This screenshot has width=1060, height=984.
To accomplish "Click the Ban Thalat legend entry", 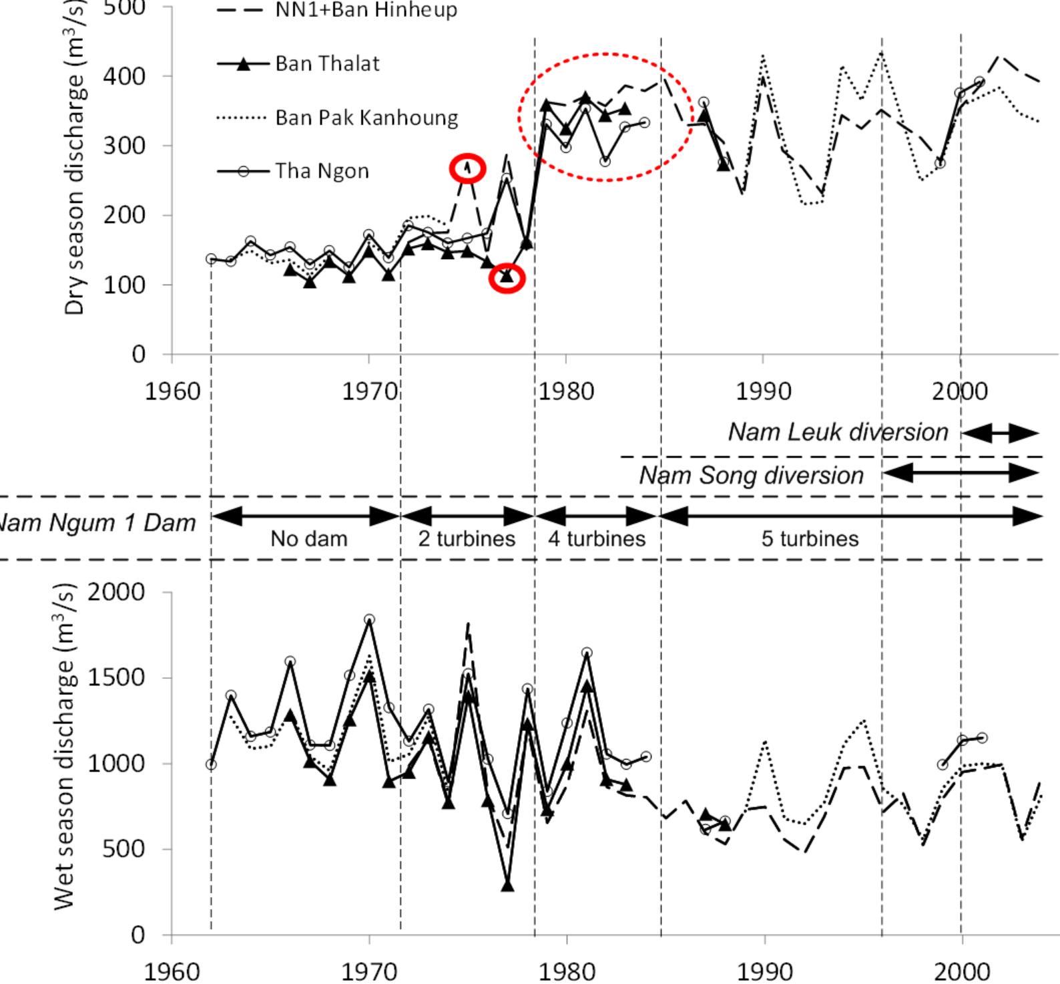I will (x=327, y=64).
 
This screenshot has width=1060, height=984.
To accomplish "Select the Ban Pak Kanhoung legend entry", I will (x=366, y=118).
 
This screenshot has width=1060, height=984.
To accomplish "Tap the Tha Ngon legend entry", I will (x=322, y=172).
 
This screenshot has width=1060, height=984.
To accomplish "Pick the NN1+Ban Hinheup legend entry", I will (x=366, y=10).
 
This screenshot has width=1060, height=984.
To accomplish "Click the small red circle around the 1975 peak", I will (x=467, y=168).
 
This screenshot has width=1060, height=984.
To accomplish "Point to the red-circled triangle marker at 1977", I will (x=507, y=277).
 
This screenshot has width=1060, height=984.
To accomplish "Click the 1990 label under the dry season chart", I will (x=763, y=391).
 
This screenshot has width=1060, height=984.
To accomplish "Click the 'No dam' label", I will (x=309, y=538).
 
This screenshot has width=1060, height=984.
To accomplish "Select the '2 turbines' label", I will (x=467, y=538).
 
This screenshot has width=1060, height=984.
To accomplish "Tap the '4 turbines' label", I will (x=597, y=538).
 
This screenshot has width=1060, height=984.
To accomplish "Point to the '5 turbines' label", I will (x=810, y=538).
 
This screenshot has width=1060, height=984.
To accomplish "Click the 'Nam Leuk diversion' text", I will (x=838, y=432).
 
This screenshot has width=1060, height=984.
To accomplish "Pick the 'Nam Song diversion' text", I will (x=751, y=476).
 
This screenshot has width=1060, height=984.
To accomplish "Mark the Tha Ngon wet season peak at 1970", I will (x=369, y=620).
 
